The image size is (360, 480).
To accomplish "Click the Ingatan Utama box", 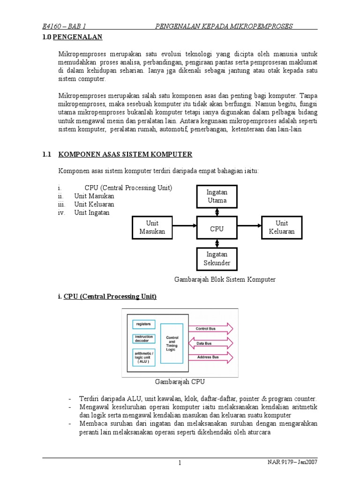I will [x=217, y=196].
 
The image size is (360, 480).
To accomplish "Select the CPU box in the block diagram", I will [x=217, y=229].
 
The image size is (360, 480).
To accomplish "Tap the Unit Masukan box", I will [x=152, y=228].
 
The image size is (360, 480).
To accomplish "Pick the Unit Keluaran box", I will [x=282, y=227].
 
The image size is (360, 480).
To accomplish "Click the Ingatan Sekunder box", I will [x=217, y=259].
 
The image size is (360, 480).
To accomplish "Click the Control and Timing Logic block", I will [x=172, y=344].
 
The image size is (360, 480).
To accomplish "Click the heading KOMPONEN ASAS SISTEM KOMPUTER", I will [x=125, y=154].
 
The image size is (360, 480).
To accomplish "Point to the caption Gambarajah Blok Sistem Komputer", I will [x=225, y=279].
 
